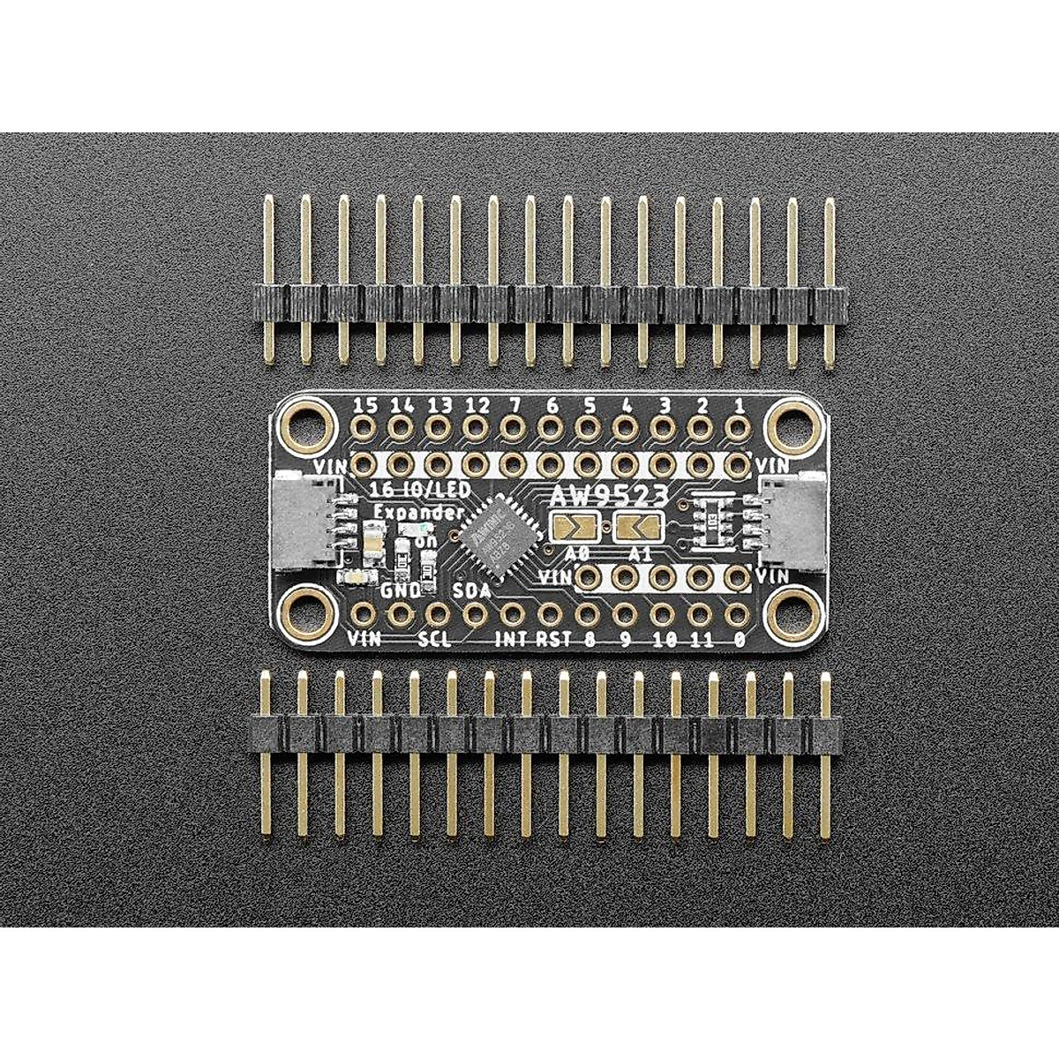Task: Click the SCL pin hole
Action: tap(437, 613)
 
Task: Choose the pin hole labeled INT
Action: tap(512, 613)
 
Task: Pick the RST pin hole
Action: tap(550, 613)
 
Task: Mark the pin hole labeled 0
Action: tap(736, 613)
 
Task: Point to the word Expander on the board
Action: tap(407, 513)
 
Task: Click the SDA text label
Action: tap(473, 590)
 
